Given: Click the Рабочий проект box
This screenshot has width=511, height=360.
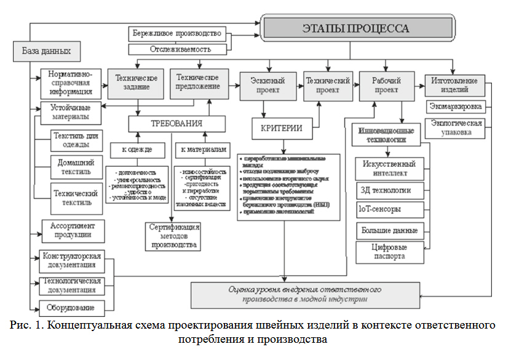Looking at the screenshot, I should pos(384,86).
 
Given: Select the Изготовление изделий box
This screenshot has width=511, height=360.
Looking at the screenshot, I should pos(454,86).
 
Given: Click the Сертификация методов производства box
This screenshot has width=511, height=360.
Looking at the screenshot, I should pos(173,236).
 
